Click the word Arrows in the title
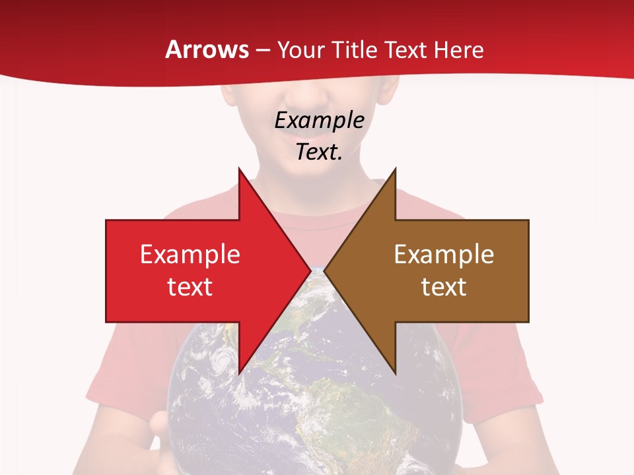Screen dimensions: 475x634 tap(207, 49)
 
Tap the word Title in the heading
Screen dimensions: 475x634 tap(354, 49)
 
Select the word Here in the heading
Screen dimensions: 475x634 tap(458, 49)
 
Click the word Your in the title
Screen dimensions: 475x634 tap(300, 49)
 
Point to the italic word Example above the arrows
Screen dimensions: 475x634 tap(319, 120)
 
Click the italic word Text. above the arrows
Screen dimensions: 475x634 tap(319, 152)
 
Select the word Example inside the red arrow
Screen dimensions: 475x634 tap(190, 255)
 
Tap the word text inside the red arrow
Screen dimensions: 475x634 tap(190, 287)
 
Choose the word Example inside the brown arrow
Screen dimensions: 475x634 tap(444, 255)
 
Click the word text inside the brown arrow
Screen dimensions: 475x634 tap(444, 287)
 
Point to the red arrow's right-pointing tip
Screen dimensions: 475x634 tap(310, 270)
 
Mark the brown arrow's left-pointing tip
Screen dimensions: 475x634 tap(325, 270)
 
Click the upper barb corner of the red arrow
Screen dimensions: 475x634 tap(239, 169)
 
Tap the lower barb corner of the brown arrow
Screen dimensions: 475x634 tap(395, 373)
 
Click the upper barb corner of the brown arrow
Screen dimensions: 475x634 tap(395, 169)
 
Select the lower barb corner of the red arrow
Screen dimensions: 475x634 tap(239, 373)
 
